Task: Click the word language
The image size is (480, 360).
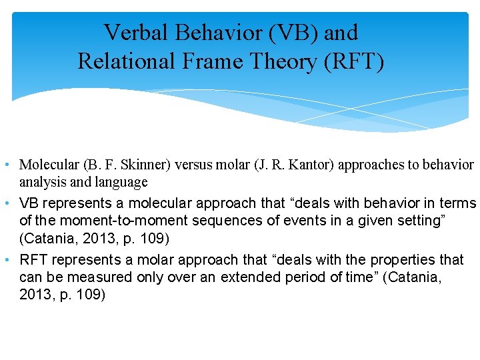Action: point(124,181)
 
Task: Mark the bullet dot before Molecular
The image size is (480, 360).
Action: point(6,165)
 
